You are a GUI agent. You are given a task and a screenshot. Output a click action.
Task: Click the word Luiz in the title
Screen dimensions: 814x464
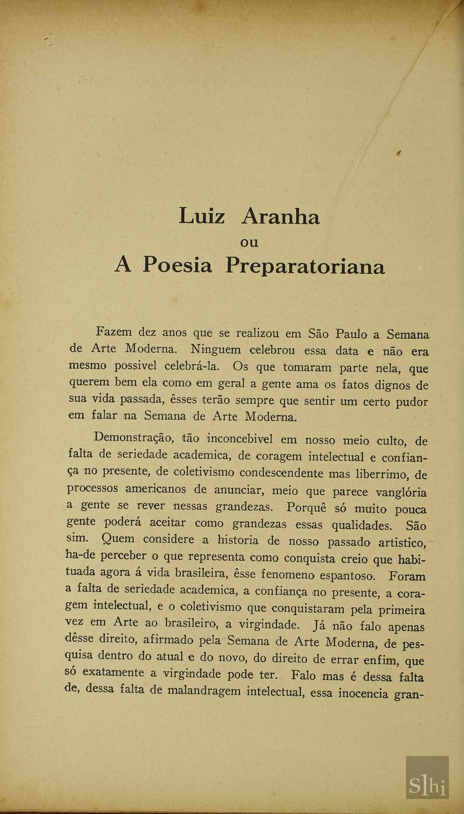pos(201,216)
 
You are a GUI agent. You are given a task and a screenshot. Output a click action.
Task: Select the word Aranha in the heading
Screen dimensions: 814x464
pos(281,216)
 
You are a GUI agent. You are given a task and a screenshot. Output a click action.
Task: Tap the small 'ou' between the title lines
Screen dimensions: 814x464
pos(249,243)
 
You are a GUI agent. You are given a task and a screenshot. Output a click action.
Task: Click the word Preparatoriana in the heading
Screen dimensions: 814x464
pos(305,266)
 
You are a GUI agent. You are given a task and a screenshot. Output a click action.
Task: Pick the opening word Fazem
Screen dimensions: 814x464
pos(114,332)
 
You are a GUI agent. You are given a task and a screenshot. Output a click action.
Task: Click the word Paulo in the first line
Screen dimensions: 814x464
pos(351,334)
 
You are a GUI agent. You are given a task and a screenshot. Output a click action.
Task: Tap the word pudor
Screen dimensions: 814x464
pos(412,402)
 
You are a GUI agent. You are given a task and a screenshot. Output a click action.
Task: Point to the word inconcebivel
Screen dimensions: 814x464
pos(240,439)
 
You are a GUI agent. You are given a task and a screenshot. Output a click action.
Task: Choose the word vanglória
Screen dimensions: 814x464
pos(401,492)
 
